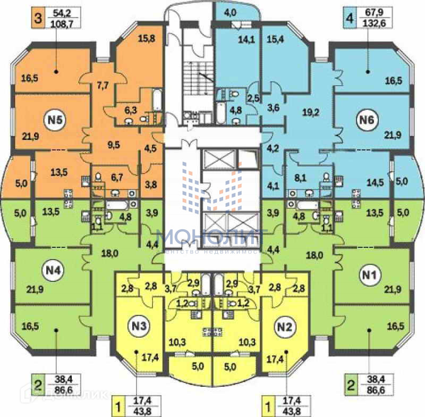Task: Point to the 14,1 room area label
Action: point(245,38)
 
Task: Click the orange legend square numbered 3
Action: point(37,18)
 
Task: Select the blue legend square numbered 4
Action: point(348,18)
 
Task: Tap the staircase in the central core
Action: point(197,80)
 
